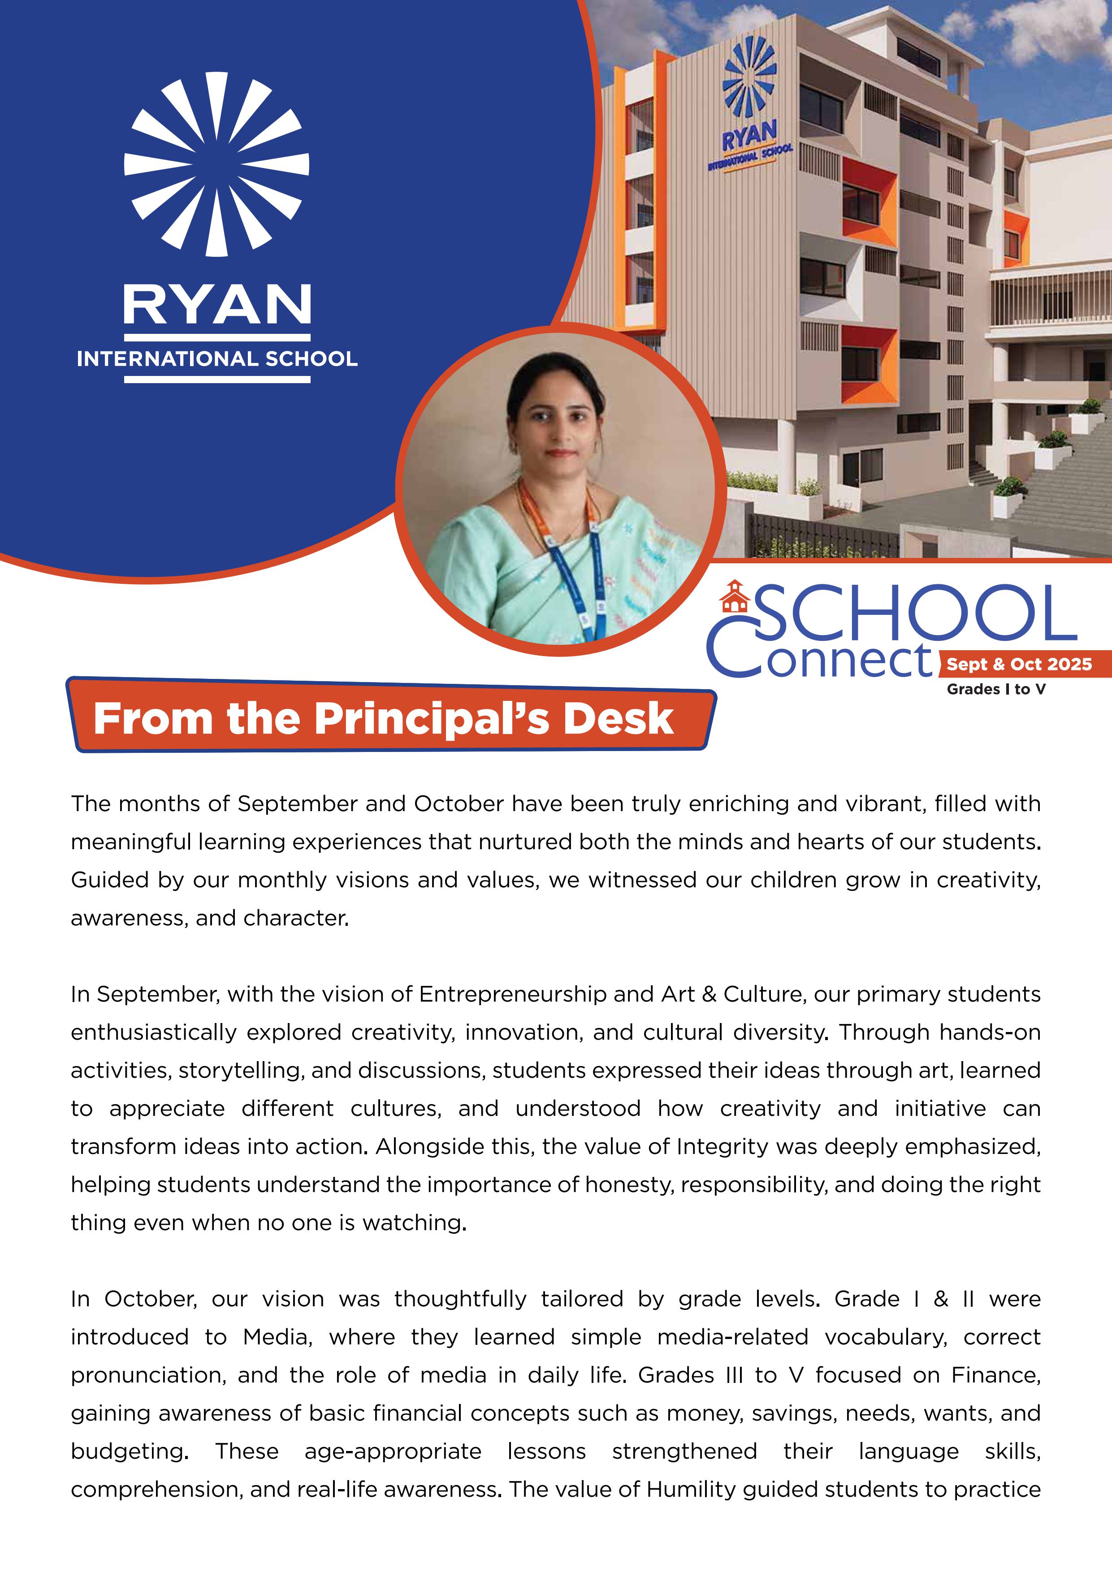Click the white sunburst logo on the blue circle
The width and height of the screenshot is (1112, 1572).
[216, 164]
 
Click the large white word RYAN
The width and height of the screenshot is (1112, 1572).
[217, 305]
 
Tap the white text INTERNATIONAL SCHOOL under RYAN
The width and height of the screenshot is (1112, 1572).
[217, 359]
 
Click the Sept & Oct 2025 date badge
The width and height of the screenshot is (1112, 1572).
[1019, 664]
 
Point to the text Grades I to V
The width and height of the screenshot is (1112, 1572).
[996, 690]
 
